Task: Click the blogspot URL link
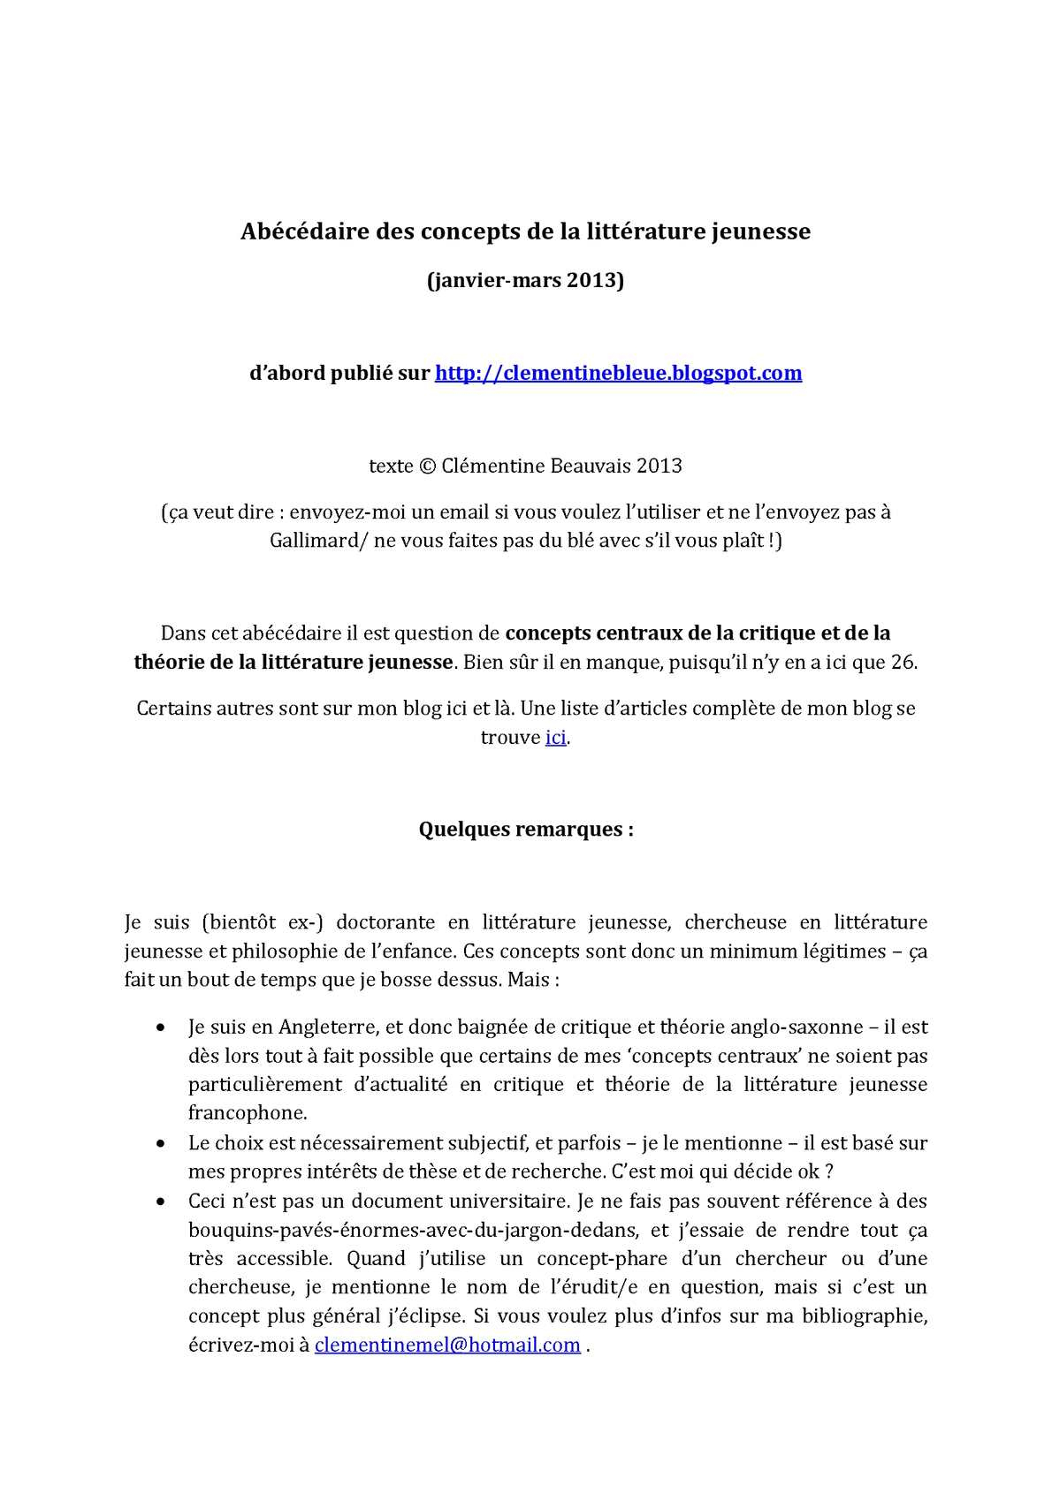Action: [618, 373]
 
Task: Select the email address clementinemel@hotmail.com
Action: [447, 1345]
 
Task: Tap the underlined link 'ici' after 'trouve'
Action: [555, 737]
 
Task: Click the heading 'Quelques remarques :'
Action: [526, 830]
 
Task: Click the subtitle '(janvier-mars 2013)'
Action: [526, 281]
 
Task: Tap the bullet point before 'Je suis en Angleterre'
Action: [159, 1027]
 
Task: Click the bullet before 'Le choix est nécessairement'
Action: [159, 1143]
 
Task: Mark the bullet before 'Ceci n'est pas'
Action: [159, 1202]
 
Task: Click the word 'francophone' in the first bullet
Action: [247, 1112]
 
